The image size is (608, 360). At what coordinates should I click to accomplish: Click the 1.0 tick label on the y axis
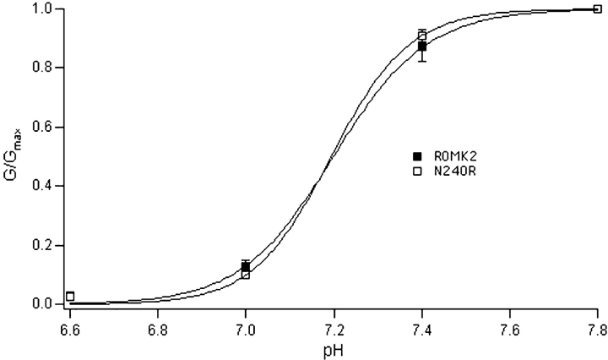pos(43,9)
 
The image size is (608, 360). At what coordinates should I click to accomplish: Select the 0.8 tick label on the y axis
pos(43,68)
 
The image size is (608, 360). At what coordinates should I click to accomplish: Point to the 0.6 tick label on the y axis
pos(43,127)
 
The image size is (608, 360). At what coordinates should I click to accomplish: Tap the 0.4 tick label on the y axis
pos(43,186)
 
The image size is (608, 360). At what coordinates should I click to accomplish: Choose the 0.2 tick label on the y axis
pos(43,245)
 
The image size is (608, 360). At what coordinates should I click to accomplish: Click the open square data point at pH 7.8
pos(598,9)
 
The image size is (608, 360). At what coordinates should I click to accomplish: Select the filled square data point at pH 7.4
pos(421,46)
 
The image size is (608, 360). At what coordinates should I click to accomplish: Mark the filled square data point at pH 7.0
pos(246,266)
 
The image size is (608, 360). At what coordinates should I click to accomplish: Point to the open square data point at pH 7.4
pos(421,35)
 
